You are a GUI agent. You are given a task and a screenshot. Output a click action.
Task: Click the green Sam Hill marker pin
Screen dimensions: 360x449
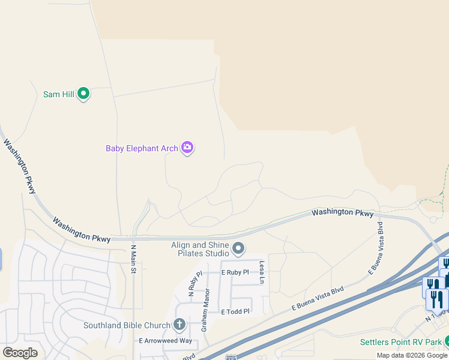tap(84, 94)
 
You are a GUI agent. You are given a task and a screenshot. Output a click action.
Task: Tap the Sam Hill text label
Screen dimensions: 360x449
tap(58, 94)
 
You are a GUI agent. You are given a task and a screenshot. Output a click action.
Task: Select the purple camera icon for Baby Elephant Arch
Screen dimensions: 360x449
tap(187, 148)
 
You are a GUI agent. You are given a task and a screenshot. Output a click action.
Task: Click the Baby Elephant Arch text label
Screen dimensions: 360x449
tap(142, 148)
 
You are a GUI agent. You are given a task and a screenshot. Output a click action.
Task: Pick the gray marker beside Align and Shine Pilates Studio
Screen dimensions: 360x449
tap(238, 248)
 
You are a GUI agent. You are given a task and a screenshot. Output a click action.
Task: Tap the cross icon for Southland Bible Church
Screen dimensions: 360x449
tap(179, 325)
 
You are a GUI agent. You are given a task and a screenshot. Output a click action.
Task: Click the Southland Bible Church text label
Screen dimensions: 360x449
tap(127, 326)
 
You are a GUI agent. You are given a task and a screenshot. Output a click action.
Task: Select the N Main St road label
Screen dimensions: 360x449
tap(133, 259)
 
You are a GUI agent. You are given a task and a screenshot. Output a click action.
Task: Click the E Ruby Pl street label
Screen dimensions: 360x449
tap(235, 272)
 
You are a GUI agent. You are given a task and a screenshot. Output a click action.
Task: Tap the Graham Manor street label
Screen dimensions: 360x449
tap(205, 310)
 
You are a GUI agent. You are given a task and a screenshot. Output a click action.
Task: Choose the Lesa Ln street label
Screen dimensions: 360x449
tap(262, 272)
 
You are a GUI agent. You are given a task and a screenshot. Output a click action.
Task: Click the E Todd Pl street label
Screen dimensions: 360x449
tap(235, 312)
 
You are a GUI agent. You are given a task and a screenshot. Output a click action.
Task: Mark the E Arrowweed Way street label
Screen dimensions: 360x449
tap(165, 341)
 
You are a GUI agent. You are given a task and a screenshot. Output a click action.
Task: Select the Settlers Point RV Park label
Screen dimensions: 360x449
tap(401, 343)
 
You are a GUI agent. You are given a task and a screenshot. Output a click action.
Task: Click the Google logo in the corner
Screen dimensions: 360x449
tap(20, 353)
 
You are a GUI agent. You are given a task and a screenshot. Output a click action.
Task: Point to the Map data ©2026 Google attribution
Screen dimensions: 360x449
tap(412, 355)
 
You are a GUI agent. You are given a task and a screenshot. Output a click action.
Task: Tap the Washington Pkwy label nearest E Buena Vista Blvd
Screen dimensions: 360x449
tap(342, 213)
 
